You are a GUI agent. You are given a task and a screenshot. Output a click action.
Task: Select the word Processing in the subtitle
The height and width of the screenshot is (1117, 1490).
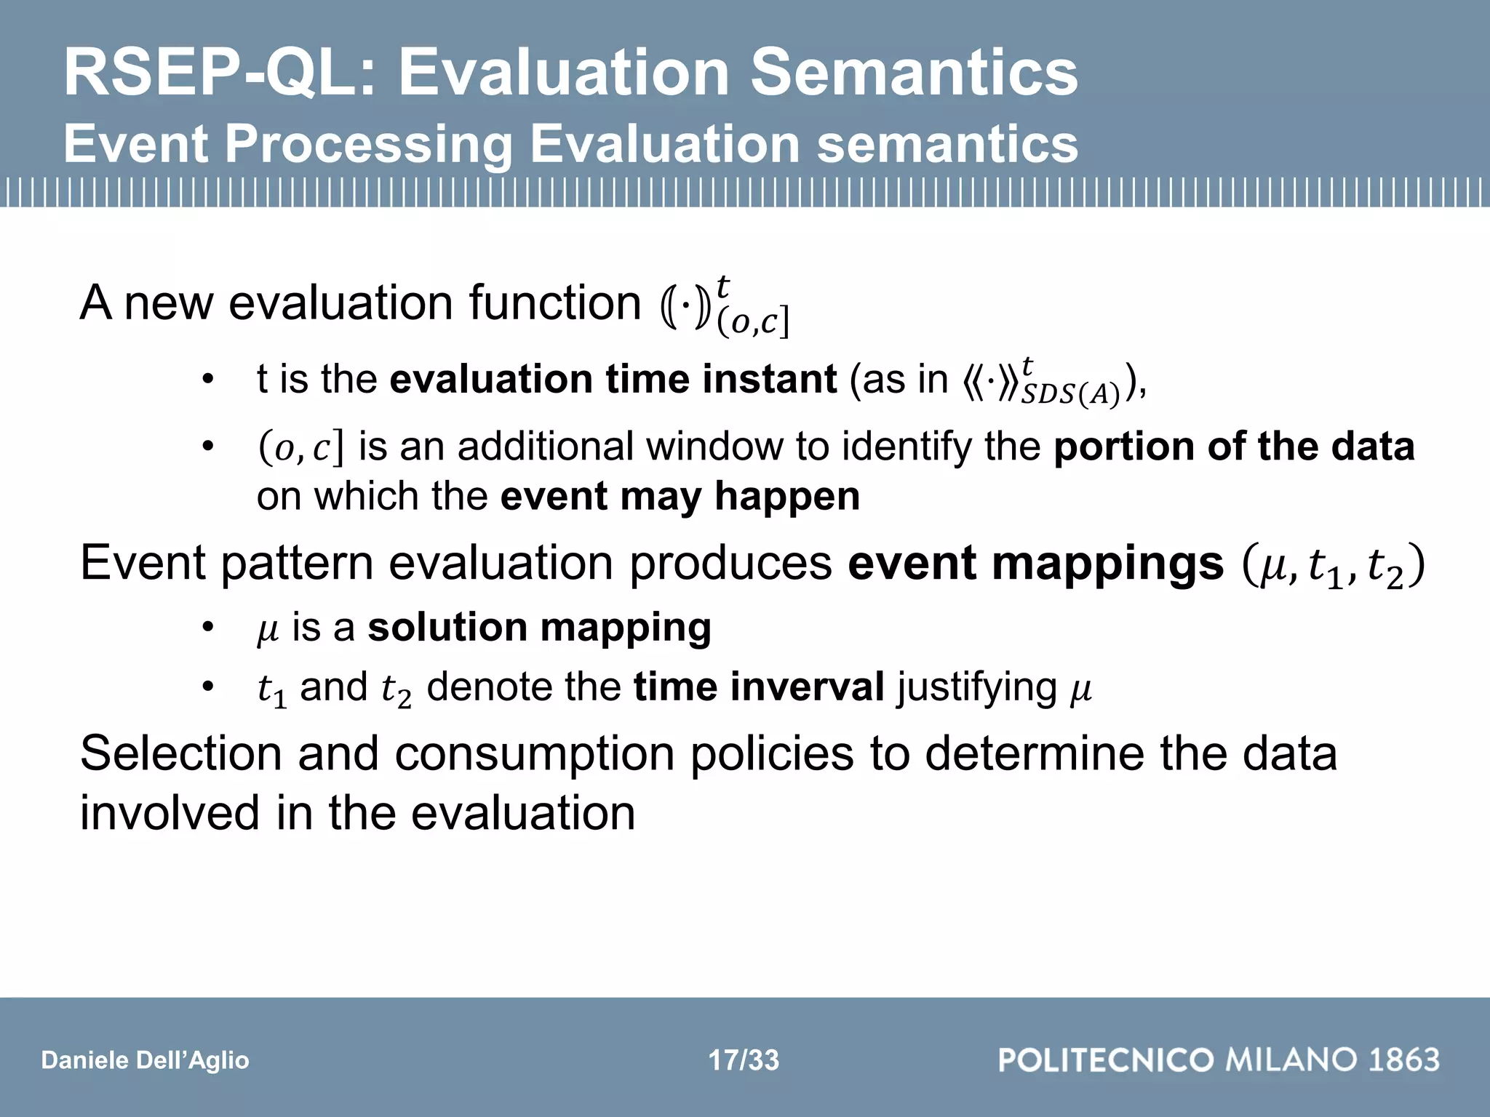click(x=368, y=144)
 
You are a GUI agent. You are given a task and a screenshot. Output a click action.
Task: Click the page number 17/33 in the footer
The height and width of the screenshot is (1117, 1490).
click(x=744, y=1060)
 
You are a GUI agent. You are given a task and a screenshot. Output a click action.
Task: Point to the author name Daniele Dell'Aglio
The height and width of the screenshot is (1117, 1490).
click(x=145, y=1060)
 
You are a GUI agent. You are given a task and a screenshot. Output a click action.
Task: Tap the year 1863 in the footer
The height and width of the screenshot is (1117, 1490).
click(x=1403, y=1060)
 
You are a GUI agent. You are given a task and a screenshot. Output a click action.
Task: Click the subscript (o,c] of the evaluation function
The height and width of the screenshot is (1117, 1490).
click(x=752, y=322)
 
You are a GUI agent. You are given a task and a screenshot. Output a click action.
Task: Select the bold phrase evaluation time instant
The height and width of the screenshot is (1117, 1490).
click(x=613, y=380)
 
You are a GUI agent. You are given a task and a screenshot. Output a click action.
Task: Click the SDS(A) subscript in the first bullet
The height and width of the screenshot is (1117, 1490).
click(x=1069, y=395)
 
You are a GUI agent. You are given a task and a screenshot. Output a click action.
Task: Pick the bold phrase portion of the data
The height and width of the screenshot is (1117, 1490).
click(x=1234, y=447)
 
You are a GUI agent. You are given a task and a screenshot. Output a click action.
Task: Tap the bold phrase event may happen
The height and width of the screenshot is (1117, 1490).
click(x=680, y=497)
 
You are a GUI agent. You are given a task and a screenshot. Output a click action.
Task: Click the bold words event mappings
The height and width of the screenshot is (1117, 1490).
click(x=1035, y=563)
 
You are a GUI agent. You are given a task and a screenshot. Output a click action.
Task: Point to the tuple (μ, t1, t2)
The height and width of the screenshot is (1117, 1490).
click(x=1333, y=566)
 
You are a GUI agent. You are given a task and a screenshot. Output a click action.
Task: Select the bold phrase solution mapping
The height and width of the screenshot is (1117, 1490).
click(x=539, y=628)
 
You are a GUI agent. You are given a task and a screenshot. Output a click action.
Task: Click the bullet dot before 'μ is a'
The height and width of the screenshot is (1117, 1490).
click(x=208, y=628)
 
